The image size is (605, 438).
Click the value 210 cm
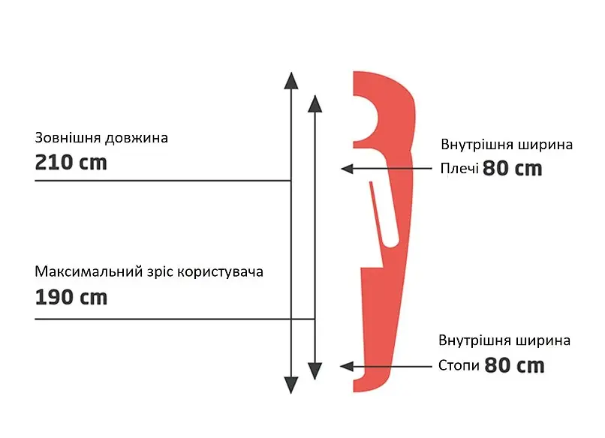point(71,162)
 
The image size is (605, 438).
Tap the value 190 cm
point(71,297)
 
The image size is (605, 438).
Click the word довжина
point(137,138)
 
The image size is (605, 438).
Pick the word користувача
point(221,272)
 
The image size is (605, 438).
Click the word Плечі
point(459,168)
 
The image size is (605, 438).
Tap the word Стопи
point(459,365)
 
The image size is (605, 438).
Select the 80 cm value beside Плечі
point(513,169)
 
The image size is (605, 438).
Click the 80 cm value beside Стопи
point(514,365)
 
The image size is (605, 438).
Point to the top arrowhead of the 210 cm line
point(291,80)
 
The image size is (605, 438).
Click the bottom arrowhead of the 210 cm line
point(291,385)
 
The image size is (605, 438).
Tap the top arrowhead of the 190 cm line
point(315,103)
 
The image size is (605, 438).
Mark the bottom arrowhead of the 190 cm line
point(315,371)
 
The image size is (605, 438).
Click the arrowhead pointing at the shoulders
point(348,169)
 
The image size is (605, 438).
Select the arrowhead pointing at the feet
point(347,366)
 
